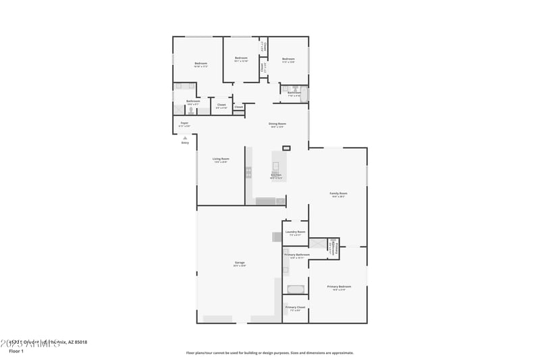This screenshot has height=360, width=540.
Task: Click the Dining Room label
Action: pos(277,124)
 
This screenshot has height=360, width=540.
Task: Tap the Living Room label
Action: pos(221,159)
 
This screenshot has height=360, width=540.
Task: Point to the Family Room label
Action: pos(337,194)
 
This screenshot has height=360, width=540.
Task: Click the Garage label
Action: pos(240,262)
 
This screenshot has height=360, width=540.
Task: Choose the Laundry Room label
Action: pos(296,232)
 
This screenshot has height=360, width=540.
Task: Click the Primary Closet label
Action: pos(295,307)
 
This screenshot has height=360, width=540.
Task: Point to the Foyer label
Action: pos(184,123)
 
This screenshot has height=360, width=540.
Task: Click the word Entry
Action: pos(185,143)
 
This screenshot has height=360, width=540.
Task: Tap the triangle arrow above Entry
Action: pos(185,137)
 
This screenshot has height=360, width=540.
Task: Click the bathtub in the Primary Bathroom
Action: pos(295,289)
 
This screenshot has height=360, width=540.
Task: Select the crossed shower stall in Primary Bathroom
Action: pos(332,242)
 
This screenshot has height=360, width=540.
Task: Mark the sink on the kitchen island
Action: pos(275,165)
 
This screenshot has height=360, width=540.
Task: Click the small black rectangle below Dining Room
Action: pos(286,147)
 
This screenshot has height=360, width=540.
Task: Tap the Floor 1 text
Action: pos(16,352)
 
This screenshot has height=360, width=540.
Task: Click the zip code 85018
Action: pos(80,342)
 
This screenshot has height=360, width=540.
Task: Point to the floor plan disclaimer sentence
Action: pos(269,353)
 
